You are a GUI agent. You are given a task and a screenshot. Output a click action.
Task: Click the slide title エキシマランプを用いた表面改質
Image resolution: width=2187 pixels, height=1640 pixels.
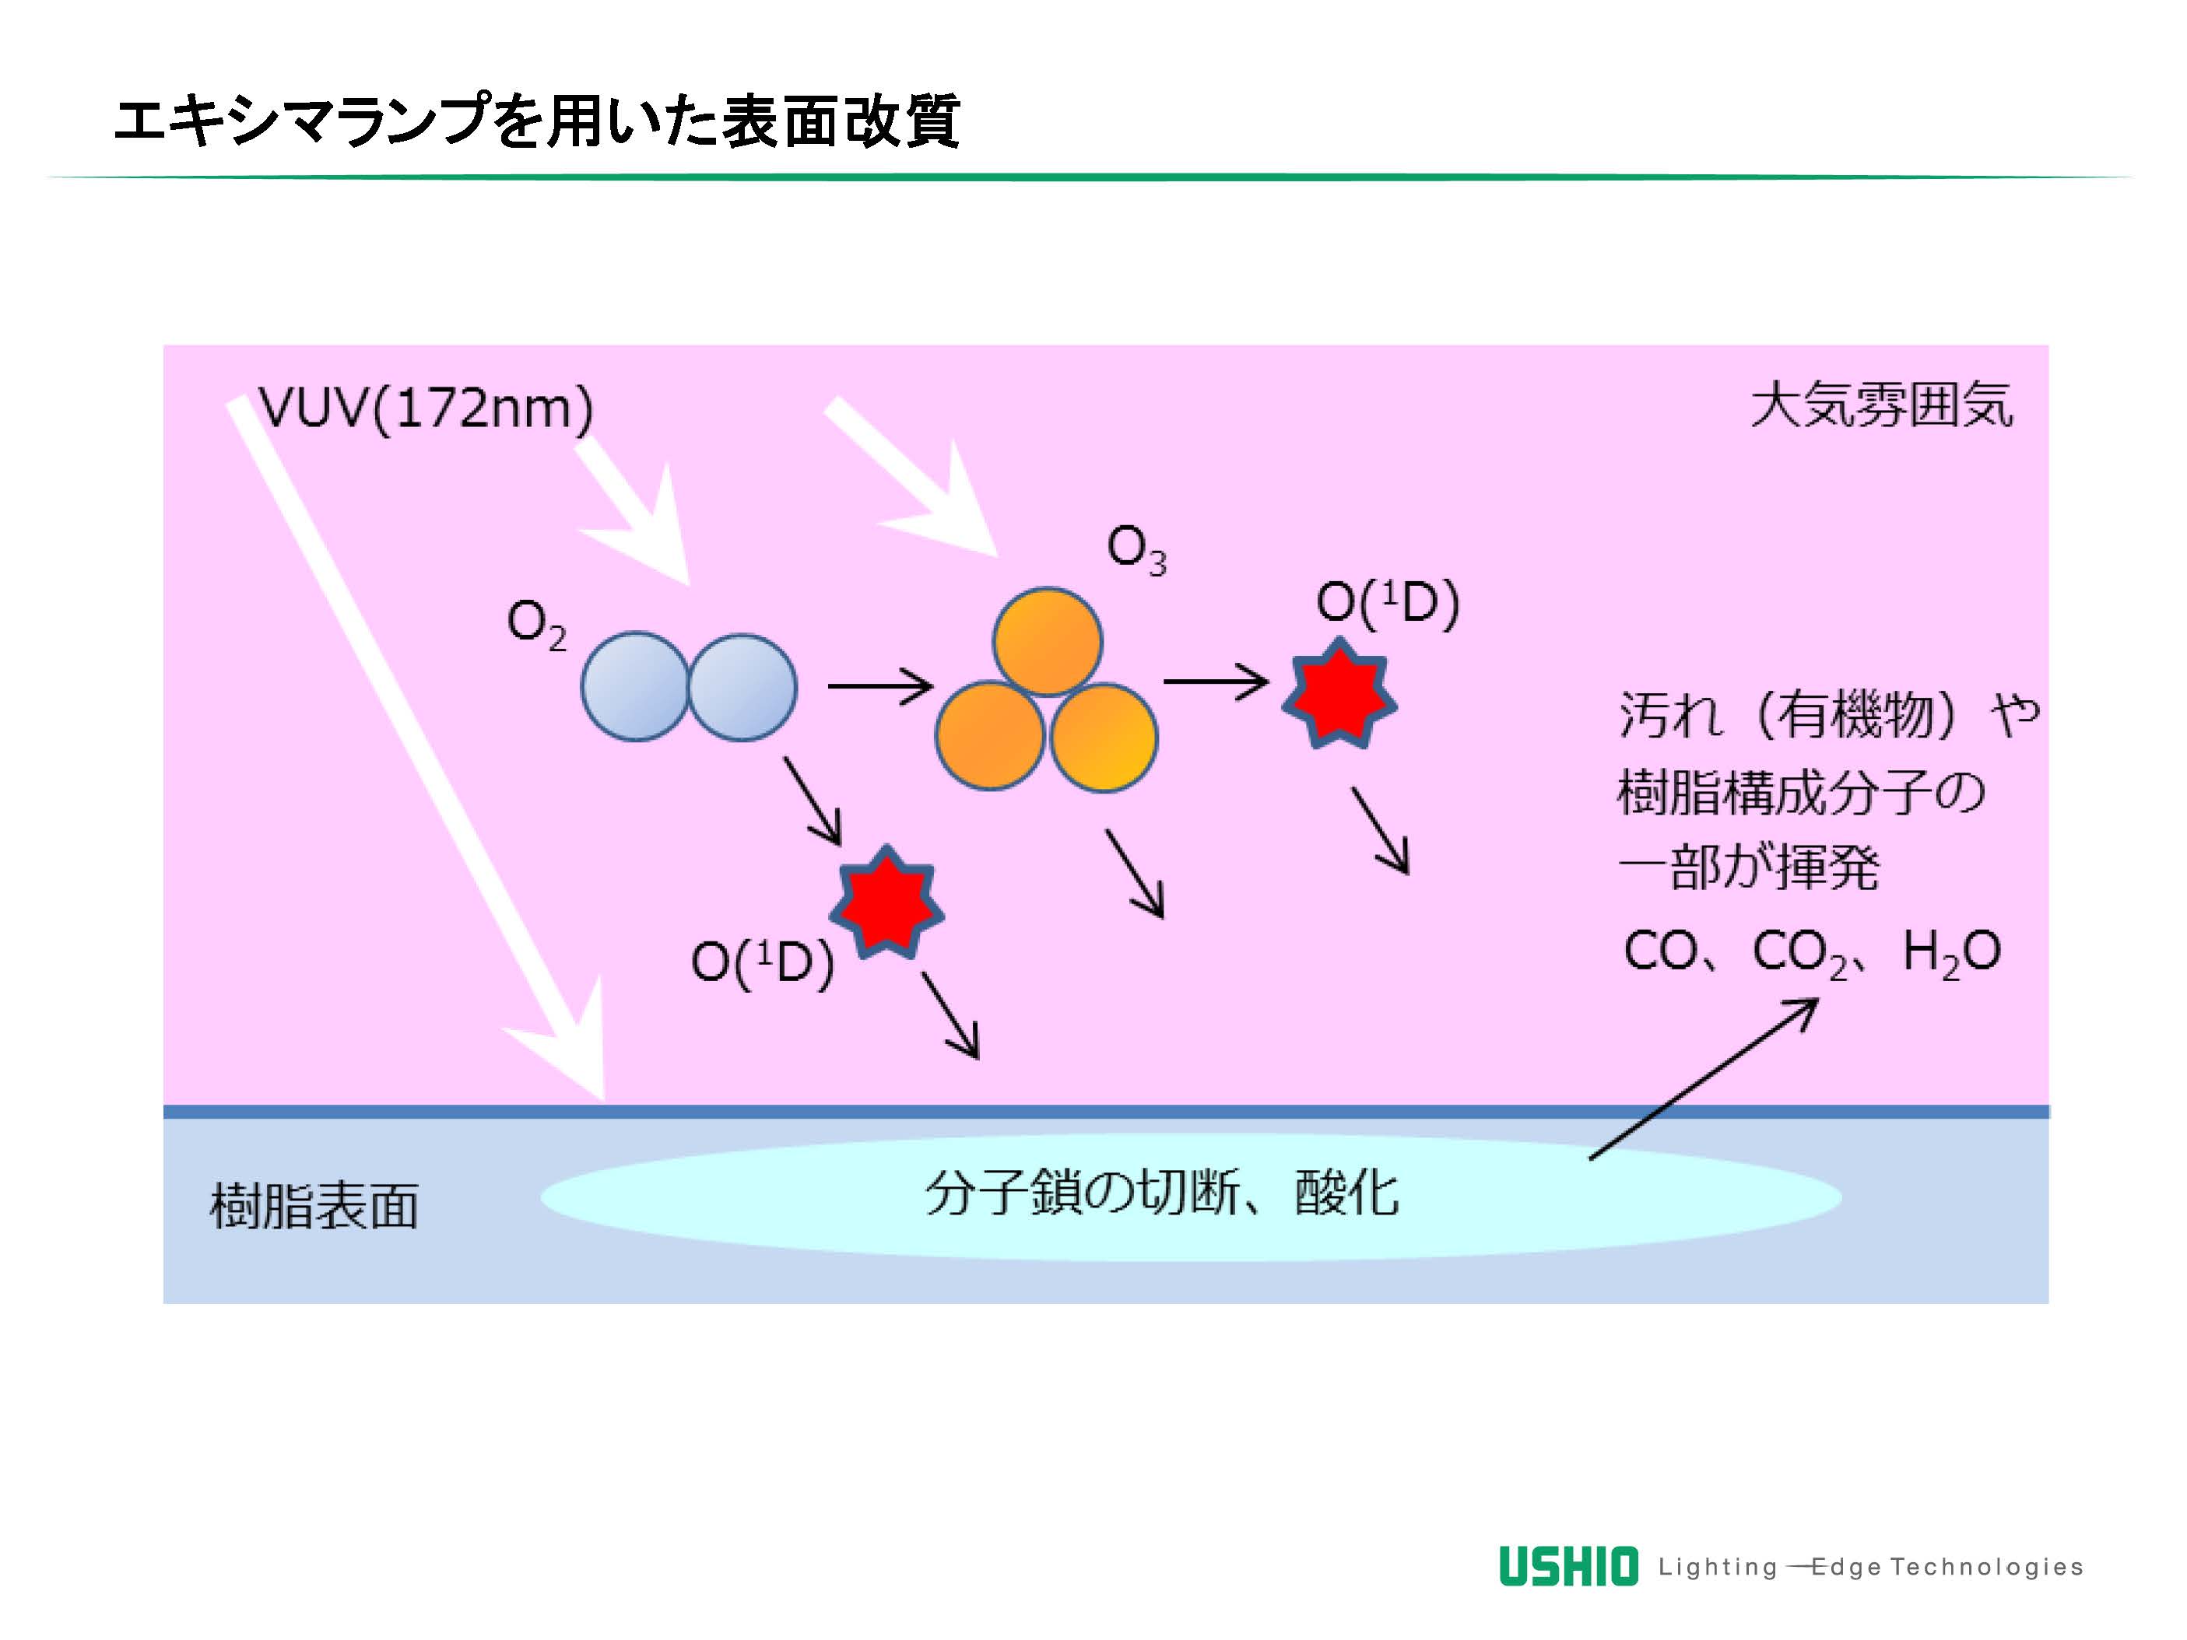pos(537,121)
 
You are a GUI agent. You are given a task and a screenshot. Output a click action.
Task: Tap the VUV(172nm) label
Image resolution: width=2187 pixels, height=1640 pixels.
pos(425,408)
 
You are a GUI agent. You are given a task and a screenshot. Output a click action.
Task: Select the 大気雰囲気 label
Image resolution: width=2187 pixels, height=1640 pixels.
pos(1880,405)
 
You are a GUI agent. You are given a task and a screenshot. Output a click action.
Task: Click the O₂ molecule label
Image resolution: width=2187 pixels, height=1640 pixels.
pos(536,625)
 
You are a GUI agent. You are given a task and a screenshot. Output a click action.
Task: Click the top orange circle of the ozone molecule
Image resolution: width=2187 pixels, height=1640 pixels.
pos(1047,643)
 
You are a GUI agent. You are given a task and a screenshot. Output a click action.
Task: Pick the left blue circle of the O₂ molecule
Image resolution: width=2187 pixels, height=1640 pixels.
pos(635,686)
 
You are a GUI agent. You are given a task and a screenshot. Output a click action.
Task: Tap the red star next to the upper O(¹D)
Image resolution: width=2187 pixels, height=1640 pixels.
pos(1339,694)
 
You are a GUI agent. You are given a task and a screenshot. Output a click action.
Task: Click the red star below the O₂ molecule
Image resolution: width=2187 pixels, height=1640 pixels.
pos(886,901)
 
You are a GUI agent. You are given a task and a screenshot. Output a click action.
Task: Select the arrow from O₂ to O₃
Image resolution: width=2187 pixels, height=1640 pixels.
pos(879,685)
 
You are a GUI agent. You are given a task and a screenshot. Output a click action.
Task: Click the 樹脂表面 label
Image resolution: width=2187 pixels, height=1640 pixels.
pos(314,1207)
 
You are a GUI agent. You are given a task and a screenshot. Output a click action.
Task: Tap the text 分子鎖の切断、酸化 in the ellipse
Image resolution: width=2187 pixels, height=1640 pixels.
pos(1162,1194)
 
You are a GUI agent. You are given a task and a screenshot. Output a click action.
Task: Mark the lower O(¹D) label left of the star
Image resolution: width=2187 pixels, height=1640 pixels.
pos(761,961)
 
